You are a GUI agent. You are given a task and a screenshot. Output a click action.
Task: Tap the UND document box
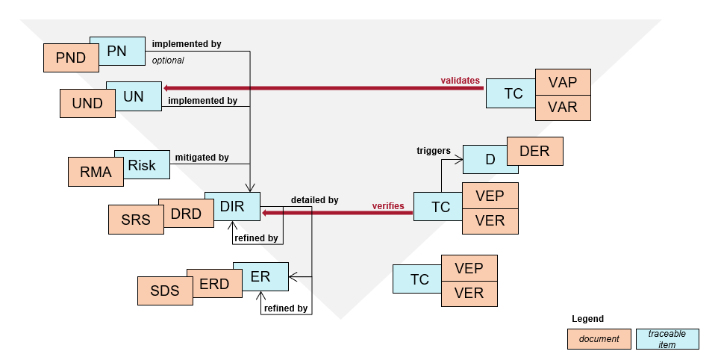pyautogui.click(x=84, y=103)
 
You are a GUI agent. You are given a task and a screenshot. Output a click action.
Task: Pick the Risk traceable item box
pyautogui.click(x=142, y=164)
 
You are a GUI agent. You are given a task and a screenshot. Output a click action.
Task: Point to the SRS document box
pyautogui.click(x=135, y=220)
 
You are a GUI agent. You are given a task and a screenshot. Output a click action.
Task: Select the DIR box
pyautogui.click(x=233, y=206)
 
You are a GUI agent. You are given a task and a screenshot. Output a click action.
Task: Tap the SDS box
pyautogui.click(x=164, y=291)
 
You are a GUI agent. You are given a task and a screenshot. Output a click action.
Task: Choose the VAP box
pyautogui.click(x=563, y=82)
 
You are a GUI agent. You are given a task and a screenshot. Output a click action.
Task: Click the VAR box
pyautogui.click(x=563, y=108)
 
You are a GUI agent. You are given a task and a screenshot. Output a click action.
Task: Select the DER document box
pyautogui.click(x=534, y=151)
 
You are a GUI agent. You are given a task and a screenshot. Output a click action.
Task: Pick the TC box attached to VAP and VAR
pyautogui.click(x=513, y=94)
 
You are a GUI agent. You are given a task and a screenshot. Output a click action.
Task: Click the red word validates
pyautogui.click(x=460, y=80)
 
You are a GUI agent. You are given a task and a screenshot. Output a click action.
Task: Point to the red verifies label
pyautogui.click(x=388, y=205)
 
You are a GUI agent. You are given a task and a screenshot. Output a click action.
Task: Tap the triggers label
pyautogui.click(x=433, y=151)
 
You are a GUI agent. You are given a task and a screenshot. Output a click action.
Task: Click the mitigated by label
pyautogui.click(x=202, y=158)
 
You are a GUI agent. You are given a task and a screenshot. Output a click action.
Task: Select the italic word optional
pyautogui.click(x=168, y=60)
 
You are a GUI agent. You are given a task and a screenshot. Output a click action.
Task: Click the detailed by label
pyautogui.click(x=314, y=200)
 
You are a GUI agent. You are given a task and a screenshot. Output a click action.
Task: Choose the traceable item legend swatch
pyautogui.click(x=667, y=339)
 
